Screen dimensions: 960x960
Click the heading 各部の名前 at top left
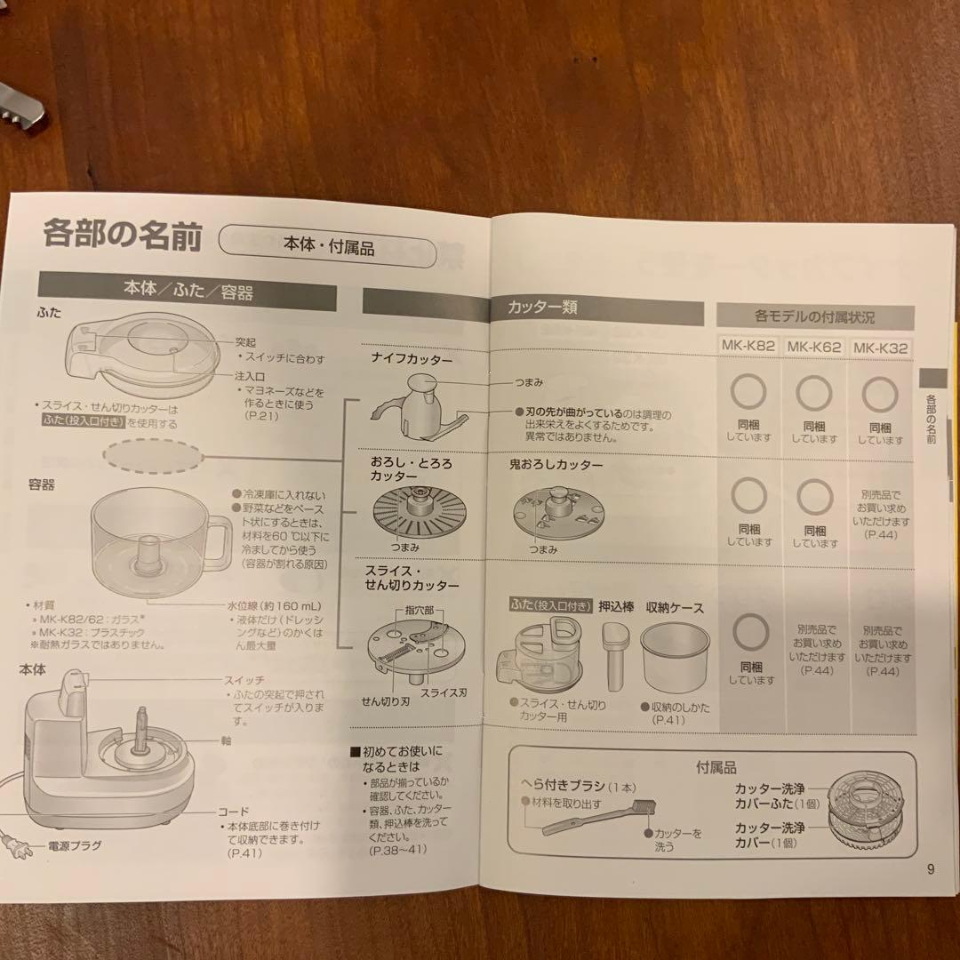click(x=123, y=236)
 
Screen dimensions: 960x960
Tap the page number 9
click(x=930, y=868)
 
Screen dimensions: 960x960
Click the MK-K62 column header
click(x=813, y=348)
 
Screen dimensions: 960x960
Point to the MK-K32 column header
click(x=880, y=348)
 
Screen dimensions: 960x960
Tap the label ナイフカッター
click(x=412, y=359)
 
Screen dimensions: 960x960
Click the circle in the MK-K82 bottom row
click(x=748, y=632)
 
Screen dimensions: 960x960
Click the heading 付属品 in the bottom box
click(x=716, y=767)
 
